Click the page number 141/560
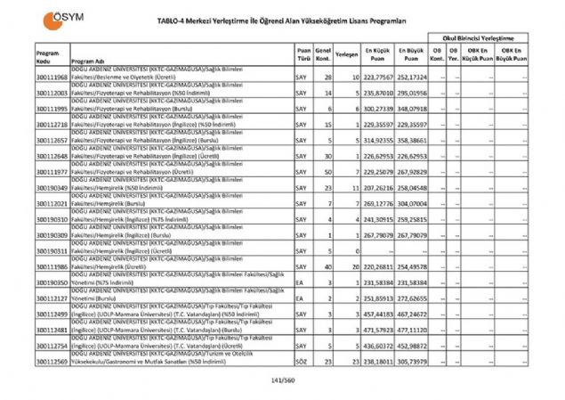point(282,382)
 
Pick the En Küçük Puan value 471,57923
point(377,330)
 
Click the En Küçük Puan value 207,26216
point(377,189)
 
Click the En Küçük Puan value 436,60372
point(377,346)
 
